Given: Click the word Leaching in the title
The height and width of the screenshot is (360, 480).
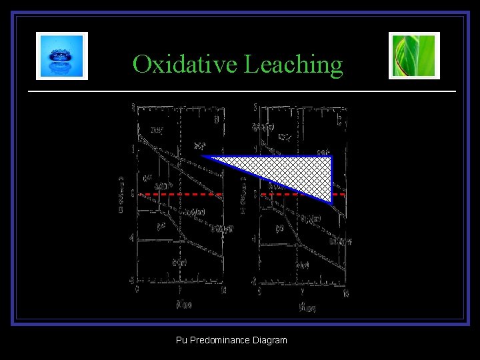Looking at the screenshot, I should [x=294, y=65].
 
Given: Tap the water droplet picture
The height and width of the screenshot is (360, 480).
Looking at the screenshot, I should [x=62, y=56].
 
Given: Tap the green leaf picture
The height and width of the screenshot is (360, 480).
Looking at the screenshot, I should [x=414, y=56].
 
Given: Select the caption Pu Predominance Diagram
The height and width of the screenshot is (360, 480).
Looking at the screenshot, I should [x=231, y=340].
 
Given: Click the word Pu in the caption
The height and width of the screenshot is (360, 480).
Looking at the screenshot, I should [x=181, y=340].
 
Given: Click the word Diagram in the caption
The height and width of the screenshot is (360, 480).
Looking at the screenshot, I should [x=270, y=340].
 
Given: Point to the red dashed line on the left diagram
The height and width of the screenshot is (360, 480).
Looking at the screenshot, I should [x=180, y=194].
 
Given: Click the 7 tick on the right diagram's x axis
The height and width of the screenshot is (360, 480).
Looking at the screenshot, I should [x=303, y=291].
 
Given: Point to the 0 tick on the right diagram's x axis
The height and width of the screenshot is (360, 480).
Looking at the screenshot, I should [x=260, y=291].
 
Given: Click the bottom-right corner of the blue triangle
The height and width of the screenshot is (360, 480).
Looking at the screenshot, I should [x=331, y=201].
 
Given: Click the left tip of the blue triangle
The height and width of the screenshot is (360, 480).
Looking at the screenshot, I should [x=204, y=157].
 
